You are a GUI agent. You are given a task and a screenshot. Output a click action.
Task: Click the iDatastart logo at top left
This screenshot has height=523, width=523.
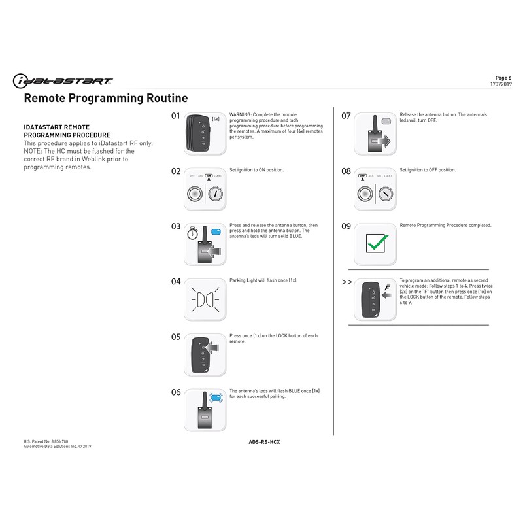point(63,80)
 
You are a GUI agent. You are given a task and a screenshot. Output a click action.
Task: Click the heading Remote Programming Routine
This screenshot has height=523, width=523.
point(105,99)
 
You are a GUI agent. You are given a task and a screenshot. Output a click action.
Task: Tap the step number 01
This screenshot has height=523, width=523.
point(175,116)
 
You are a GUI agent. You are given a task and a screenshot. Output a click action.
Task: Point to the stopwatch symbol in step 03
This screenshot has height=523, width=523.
point(194,233)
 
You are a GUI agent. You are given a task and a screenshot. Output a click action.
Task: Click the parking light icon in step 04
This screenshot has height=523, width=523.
point(205,299)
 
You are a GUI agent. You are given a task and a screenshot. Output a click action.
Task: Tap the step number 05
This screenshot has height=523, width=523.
point(175,337)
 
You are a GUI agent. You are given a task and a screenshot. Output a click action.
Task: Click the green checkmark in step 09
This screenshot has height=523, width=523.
point(375,244)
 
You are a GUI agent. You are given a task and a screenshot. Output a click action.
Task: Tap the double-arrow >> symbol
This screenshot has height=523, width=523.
point(346,282)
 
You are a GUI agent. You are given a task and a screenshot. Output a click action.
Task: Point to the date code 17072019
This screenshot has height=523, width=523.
point(501,84)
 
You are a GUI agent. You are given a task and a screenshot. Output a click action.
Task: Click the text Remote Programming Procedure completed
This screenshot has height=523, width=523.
point(445,225)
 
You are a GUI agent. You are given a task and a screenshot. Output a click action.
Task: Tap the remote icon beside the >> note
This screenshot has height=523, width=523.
point(371,299)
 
